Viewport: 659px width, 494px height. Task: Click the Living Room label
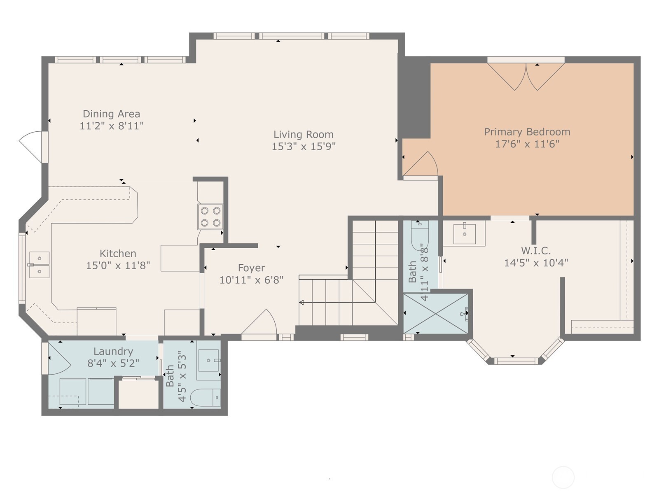(303, 134)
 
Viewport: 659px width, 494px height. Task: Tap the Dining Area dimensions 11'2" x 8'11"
(111, 126)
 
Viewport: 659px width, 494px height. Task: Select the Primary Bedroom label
(527, 132)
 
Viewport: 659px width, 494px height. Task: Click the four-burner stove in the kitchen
(210, 217)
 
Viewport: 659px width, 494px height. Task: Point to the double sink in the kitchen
(39, 265)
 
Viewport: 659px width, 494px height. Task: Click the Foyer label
(251, 268)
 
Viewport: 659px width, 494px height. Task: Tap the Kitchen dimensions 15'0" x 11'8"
(118, 266)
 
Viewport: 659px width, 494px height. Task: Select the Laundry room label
(113, 351)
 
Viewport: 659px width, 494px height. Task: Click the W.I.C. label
(536, 250)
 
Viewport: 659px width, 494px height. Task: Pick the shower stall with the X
(435, 313)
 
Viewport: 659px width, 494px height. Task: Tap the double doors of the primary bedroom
(526, 77)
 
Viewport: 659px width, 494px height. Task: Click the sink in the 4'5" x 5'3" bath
(209, 360)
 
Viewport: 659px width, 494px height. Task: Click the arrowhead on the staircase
(301, 302)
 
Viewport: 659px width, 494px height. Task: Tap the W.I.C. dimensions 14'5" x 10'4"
(536, 263)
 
